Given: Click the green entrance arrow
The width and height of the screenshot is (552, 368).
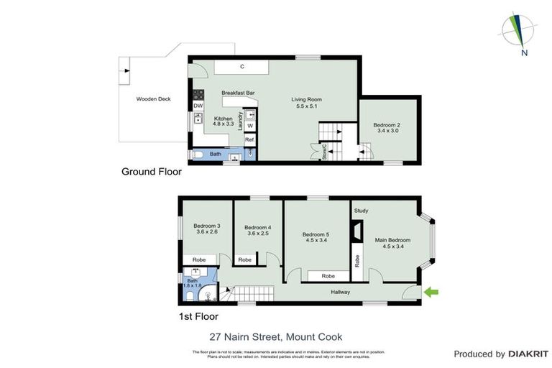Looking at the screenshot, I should (431, 292).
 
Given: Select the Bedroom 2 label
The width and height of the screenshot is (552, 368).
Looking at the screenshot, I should (387, 126).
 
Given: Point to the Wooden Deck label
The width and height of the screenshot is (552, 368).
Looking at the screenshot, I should (153, 99).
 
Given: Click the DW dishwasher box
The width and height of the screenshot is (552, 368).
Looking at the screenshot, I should (198, 106).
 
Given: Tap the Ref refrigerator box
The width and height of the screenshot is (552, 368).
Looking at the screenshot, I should (249, 139).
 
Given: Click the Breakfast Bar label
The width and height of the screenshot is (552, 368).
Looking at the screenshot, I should (239, 93).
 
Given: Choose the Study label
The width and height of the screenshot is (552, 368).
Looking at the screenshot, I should (361, 211).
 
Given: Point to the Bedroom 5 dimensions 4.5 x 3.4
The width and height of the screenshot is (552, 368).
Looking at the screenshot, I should (316, 241).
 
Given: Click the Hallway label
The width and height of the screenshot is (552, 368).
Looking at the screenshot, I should (340, 292).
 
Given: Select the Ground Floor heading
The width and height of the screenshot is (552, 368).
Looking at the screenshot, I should (151, 172).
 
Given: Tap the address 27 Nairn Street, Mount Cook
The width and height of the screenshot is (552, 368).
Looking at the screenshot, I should (275, 336).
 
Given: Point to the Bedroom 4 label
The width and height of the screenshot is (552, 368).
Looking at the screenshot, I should (257, 227).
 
